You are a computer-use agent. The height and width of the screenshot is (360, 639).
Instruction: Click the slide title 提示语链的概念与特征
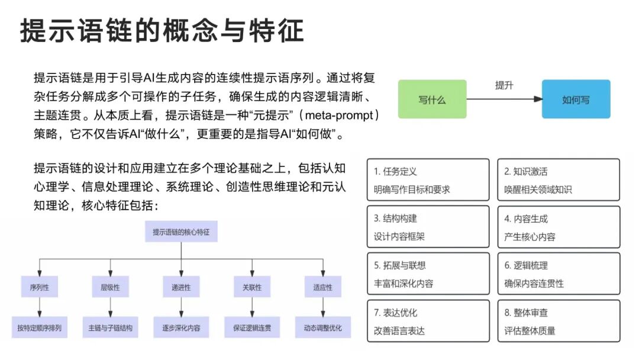click(162, 30)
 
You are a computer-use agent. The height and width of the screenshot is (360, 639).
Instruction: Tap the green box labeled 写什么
click(432, 99)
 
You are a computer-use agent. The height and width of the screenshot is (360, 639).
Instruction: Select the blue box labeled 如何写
click(576, 99)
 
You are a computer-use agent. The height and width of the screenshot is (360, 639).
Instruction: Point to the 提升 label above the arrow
click(504, 85)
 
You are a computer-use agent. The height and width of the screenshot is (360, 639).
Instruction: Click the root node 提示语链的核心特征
click(181, 232)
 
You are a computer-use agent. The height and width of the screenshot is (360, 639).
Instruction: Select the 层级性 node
click(110, 288)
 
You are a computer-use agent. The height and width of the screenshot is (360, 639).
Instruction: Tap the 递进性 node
click(181, 288)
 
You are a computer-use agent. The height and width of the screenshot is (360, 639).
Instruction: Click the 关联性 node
click(252, 288)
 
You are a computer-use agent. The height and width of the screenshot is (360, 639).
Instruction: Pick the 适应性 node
click(322, 288)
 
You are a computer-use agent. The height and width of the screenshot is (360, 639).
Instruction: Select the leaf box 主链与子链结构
click(110, 327)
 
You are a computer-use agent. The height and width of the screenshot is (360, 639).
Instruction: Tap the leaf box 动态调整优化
click(322, 327)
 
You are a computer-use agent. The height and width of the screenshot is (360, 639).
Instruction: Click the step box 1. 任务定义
click(428, 180)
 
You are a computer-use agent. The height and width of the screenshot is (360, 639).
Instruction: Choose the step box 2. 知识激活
click(559, 180)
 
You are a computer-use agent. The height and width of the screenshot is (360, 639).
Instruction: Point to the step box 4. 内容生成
click(559, 227)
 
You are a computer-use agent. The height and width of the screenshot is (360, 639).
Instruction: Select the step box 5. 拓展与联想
click(428, 274)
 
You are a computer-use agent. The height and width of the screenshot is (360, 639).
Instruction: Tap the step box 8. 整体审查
click(559, 321)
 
